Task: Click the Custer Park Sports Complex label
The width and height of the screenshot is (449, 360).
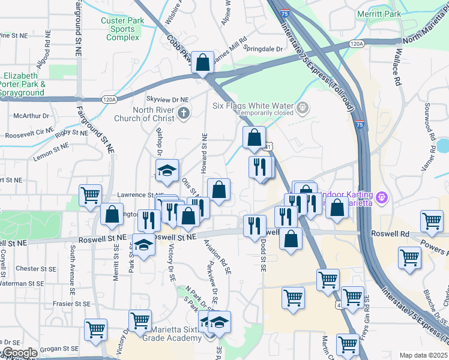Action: [122, 29]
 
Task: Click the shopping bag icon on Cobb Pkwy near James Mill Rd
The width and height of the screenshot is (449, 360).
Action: [203, 62]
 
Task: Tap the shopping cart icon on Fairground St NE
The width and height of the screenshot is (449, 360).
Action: [90, 195]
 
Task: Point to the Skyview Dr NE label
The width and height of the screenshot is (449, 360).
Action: [167, 99]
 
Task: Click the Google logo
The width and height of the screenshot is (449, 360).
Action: [19, 353]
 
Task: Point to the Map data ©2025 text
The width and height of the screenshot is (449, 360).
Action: [423, 355]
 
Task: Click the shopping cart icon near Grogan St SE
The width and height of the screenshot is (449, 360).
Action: [95, 329]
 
